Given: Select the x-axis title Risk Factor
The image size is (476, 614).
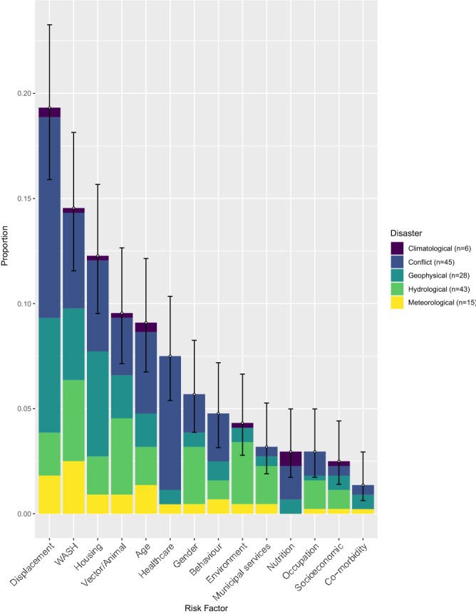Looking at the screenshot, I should click(x=205, y=605).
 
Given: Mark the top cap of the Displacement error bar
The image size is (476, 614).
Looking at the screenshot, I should click(x=49, y=25).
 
